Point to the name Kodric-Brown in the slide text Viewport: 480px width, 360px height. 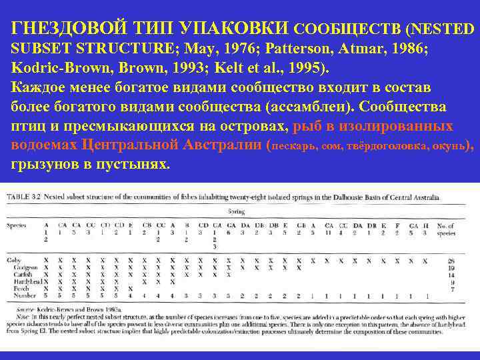54,68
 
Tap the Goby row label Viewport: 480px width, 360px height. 13,260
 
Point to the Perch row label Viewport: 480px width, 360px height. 14,288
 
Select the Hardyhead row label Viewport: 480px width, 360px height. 20,281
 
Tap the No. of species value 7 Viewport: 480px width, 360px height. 451,288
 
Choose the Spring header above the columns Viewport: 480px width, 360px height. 237,211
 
